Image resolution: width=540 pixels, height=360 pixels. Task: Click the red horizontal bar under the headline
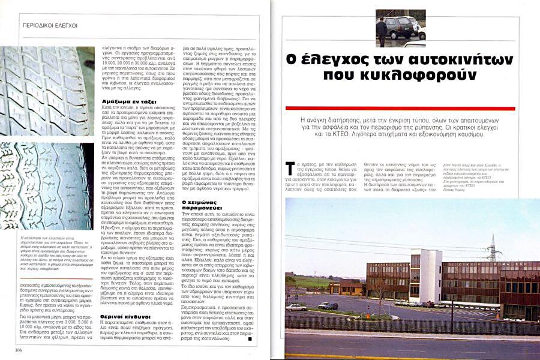(400, 108)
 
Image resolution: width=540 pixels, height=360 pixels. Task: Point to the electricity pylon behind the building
(493, 247)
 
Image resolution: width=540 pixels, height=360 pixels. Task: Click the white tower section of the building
(427, 275)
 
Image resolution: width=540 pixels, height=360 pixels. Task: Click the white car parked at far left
(296, 307)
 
